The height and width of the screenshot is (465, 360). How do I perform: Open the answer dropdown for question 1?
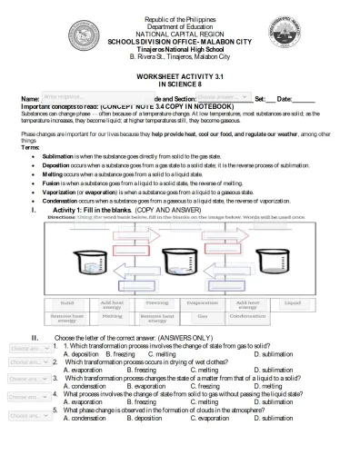click(x=25, y=349)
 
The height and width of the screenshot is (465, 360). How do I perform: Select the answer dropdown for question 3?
click(x=25, y=380)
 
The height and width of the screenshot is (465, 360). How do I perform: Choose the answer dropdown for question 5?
click(x=25, y=414)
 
